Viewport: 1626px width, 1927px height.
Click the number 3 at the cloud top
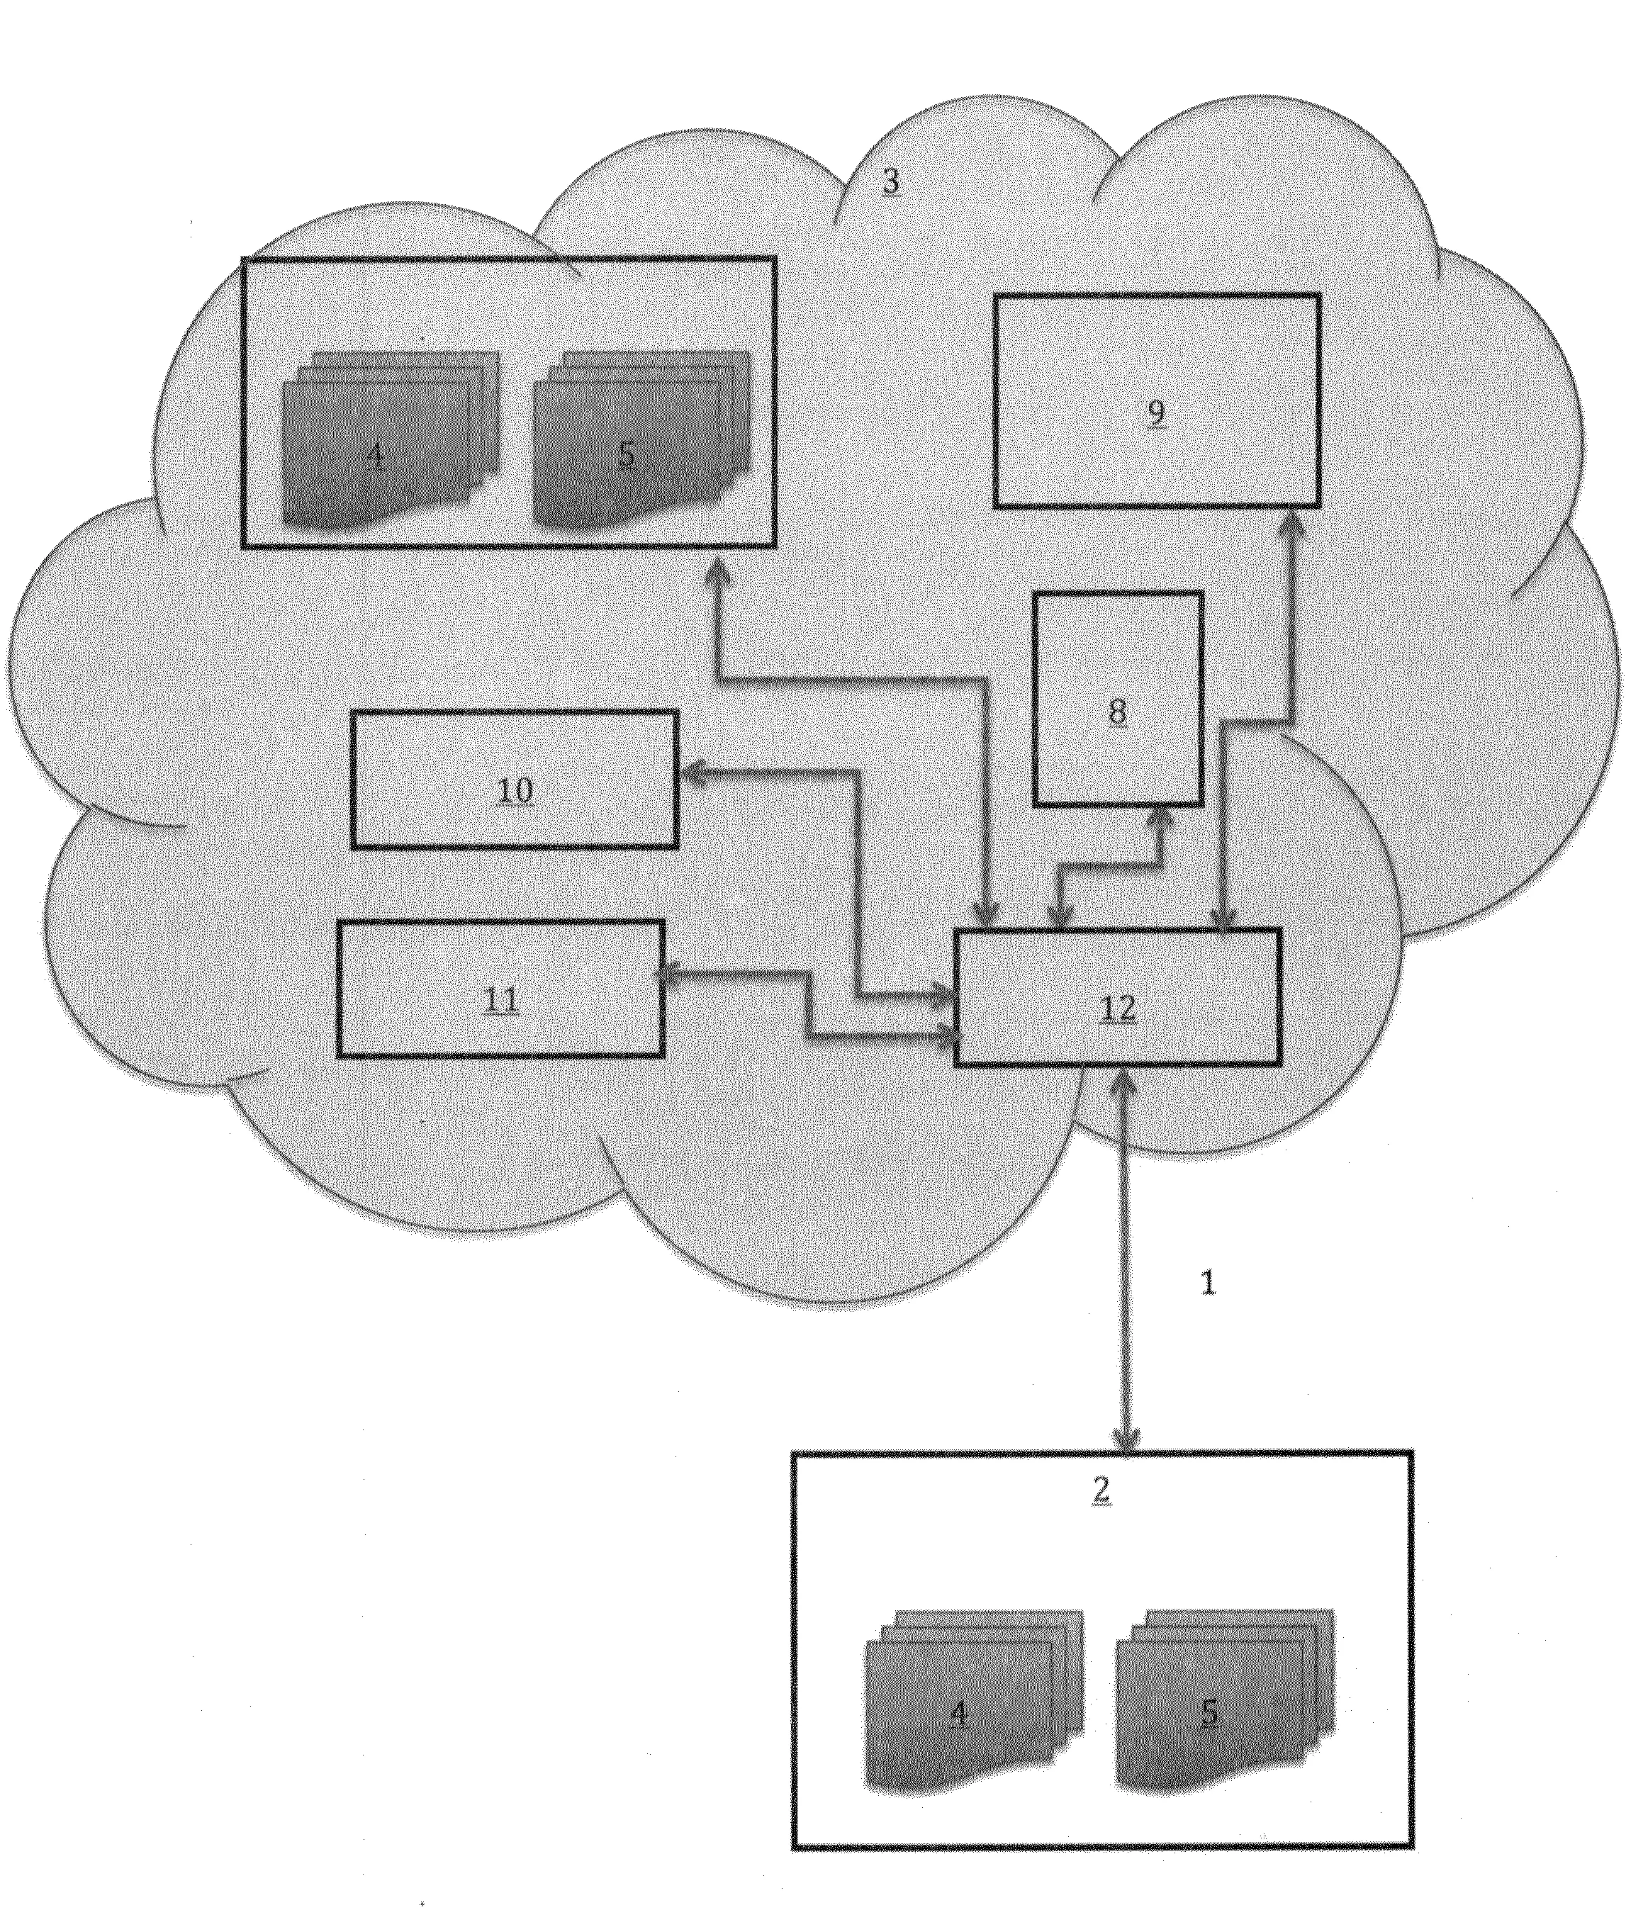coord(890,181)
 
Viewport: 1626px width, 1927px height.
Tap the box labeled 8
coord(1117,699)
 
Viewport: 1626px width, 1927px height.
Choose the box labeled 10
coord(515,780)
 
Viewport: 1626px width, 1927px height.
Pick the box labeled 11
coord(500,989)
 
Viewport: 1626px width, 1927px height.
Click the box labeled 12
coord(1118,997)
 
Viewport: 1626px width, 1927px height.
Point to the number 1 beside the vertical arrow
coord(1209,1283)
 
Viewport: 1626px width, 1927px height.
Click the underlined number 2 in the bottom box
coord(1101,1490)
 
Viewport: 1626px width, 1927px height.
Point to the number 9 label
coord(1157,413)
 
